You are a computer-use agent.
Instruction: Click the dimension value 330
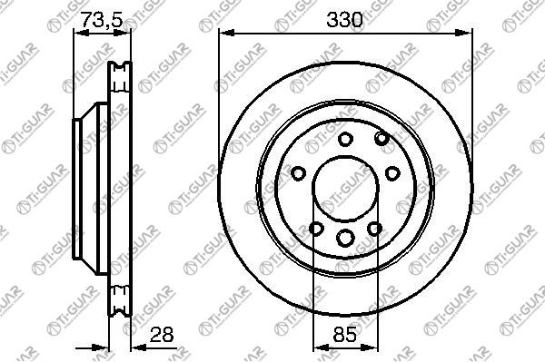[x=344, y=19]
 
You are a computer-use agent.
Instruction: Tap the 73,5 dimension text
[x=102, y=19]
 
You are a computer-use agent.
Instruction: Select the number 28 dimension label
[x=162, y=335]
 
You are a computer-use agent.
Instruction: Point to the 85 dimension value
[x=345, y=335]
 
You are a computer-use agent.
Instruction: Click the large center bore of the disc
[x=345, y=188]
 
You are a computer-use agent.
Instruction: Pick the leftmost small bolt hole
[x=298, y=173]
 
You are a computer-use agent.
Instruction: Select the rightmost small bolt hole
[x=392, y=173]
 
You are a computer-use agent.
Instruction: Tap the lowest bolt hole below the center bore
[x=345, y=238]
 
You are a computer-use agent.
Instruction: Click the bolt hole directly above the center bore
[x=345, y=139]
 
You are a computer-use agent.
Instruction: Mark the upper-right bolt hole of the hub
[x=381, y=138]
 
